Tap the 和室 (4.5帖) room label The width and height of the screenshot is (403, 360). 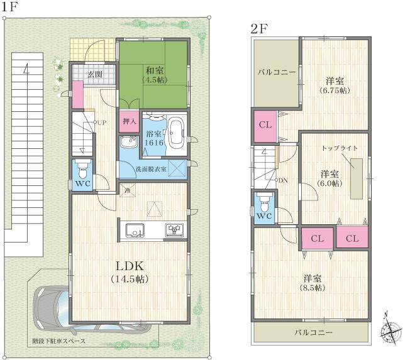click(154, 75)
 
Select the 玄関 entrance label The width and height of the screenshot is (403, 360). click(95, 75)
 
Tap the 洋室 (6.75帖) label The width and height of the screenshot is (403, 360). click(334, 85)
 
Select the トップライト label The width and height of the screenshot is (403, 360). click(340, 148)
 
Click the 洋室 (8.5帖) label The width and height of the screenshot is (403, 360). click(312, 283)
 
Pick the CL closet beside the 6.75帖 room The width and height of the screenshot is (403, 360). click(265, 124)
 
